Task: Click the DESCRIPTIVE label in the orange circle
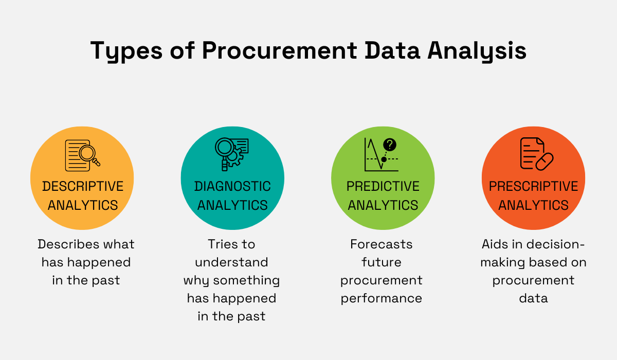pos(83,186)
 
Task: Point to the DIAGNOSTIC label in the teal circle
pos(232,186)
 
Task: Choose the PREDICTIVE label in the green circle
pos(383,186)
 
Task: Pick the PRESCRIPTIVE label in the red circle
pos(533,186)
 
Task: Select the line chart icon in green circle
pos(381,154)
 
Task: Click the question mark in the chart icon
pos(390,145)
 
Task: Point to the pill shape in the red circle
pos(544,161)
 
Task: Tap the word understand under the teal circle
pos(231,262)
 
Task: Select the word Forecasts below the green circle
pos(382,244)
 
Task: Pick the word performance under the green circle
pos(382,298)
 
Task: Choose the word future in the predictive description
pos(382,262)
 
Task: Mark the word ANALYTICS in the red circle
pos(533,205)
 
